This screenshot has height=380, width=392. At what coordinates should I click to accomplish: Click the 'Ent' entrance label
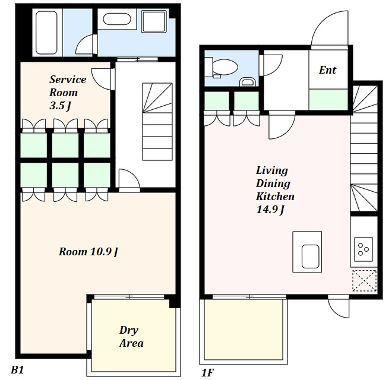click(327, 70)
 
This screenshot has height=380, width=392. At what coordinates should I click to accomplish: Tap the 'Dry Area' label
click(131, 337)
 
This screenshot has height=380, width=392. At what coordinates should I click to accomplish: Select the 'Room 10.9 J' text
click(88, 252)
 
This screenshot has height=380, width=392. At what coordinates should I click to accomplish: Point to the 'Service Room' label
click(68, 86)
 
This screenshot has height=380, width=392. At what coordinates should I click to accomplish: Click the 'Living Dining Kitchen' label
click(275, 183)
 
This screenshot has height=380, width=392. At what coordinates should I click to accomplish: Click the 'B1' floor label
click(17, 369)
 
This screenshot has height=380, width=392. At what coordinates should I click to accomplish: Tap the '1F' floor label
click(207, 373)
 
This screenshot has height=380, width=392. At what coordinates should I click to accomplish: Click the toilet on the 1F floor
click(221, 67)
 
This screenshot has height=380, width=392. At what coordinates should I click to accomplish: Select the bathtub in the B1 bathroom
click(46, 33)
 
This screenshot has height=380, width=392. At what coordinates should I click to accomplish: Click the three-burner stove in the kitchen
click(363, 249)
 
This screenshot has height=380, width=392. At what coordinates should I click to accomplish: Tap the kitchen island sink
click(310, 256)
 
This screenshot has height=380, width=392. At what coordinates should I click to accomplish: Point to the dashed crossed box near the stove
click(364, 280)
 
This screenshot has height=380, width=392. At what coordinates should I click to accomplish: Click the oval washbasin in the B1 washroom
click(117, 19)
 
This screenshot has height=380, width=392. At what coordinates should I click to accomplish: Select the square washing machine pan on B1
click(154, 21)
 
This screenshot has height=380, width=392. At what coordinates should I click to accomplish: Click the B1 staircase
click(157, 122)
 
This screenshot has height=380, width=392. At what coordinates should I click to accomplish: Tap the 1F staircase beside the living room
click(364, 148)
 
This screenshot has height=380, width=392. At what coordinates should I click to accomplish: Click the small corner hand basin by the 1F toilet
click(247, 82)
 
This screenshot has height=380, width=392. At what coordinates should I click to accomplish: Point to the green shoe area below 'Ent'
click(328, 100)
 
